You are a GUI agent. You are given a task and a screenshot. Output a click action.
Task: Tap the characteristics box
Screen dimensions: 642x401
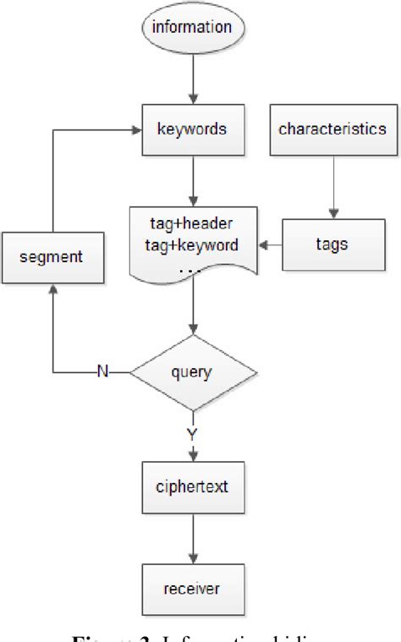click(x=332, y=129)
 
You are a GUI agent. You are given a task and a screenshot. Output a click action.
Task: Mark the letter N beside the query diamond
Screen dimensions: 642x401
click(x=102, y=370)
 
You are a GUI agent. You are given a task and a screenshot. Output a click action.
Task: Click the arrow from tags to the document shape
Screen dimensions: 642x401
click(x=271, y=245)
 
